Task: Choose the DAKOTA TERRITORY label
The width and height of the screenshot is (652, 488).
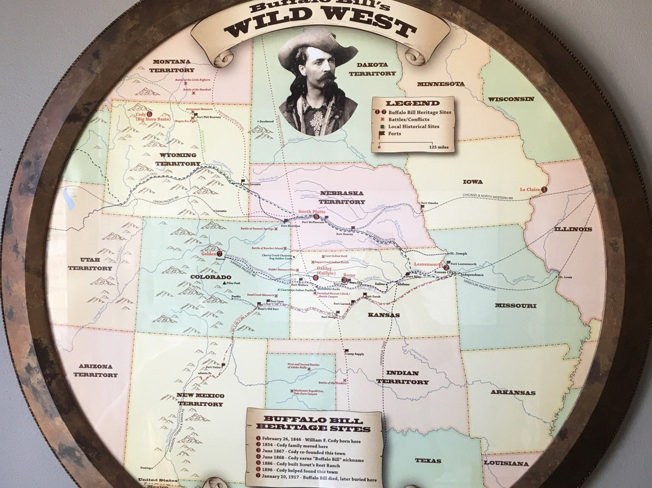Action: pyautogui.click(x=376, y=68)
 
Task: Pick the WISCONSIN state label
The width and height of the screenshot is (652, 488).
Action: pyautogui.click(x=511, y=98)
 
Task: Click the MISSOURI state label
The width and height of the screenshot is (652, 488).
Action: pyautogui.click(x=516, y=306)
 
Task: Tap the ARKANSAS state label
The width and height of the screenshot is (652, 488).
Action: pyautogui.click(x=513, y=393)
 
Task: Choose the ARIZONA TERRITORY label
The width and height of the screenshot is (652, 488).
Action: pyautogui.click(x=95, y=370)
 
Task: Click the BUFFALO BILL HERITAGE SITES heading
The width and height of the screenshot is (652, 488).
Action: pyautogui.click(x=313, y=422)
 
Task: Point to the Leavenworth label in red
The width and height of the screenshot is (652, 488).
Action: pyautogui.click(x=428, y=265)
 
